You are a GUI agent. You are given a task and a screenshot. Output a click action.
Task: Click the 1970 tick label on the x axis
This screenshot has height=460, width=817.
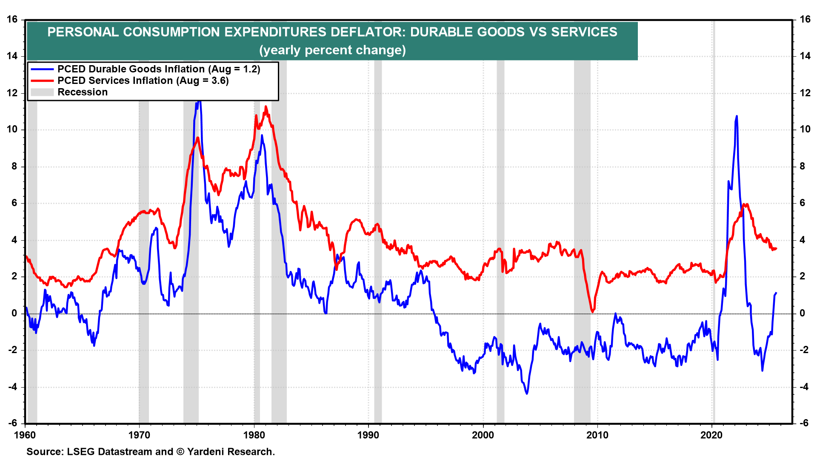coord(139,435)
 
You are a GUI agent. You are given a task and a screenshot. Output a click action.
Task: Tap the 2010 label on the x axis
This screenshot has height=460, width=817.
coord(597,435)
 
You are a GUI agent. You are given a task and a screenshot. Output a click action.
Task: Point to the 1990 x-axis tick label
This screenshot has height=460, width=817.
coord(368,435)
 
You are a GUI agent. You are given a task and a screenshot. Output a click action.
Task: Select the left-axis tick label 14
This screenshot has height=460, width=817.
coord(12,56)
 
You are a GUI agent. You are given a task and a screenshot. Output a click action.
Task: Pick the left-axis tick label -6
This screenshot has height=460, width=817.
coord(12,423)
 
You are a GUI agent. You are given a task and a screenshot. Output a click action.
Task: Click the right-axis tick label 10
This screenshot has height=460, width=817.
coord(805,129)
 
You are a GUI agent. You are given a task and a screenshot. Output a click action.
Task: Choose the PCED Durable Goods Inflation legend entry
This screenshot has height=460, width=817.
coord(158,69)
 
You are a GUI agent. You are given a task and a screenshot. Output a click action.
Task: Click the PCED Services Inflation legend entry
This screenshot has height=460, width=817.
coord(143,80)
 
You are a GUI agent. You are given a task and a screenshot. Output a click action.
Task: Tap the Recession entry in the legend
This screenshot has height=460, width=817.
coord(83,92)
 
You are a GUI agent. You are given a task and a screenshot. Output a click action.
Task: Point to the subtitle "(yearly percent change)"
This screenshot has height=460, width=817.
coord(332,50)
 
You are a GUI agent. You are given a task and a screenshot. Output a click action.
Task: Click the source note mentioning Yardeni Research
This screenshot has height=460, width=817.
coord(151,451)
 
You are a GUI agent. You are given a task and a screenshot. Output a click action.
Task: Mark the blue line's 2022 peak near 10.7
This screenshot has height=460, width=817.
coord(737,116)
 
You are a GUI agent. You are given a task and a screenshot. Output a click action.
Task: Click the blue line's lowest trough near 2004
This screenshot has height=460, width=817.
coord(527,394)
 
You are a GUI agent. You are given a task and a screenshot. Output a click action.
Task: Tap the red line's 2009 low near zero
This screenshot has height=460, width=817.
coord(592,312)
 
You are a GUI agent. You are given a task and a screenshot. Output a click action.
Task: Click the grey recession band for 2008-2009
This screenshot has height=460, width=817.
coord(582,256)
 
